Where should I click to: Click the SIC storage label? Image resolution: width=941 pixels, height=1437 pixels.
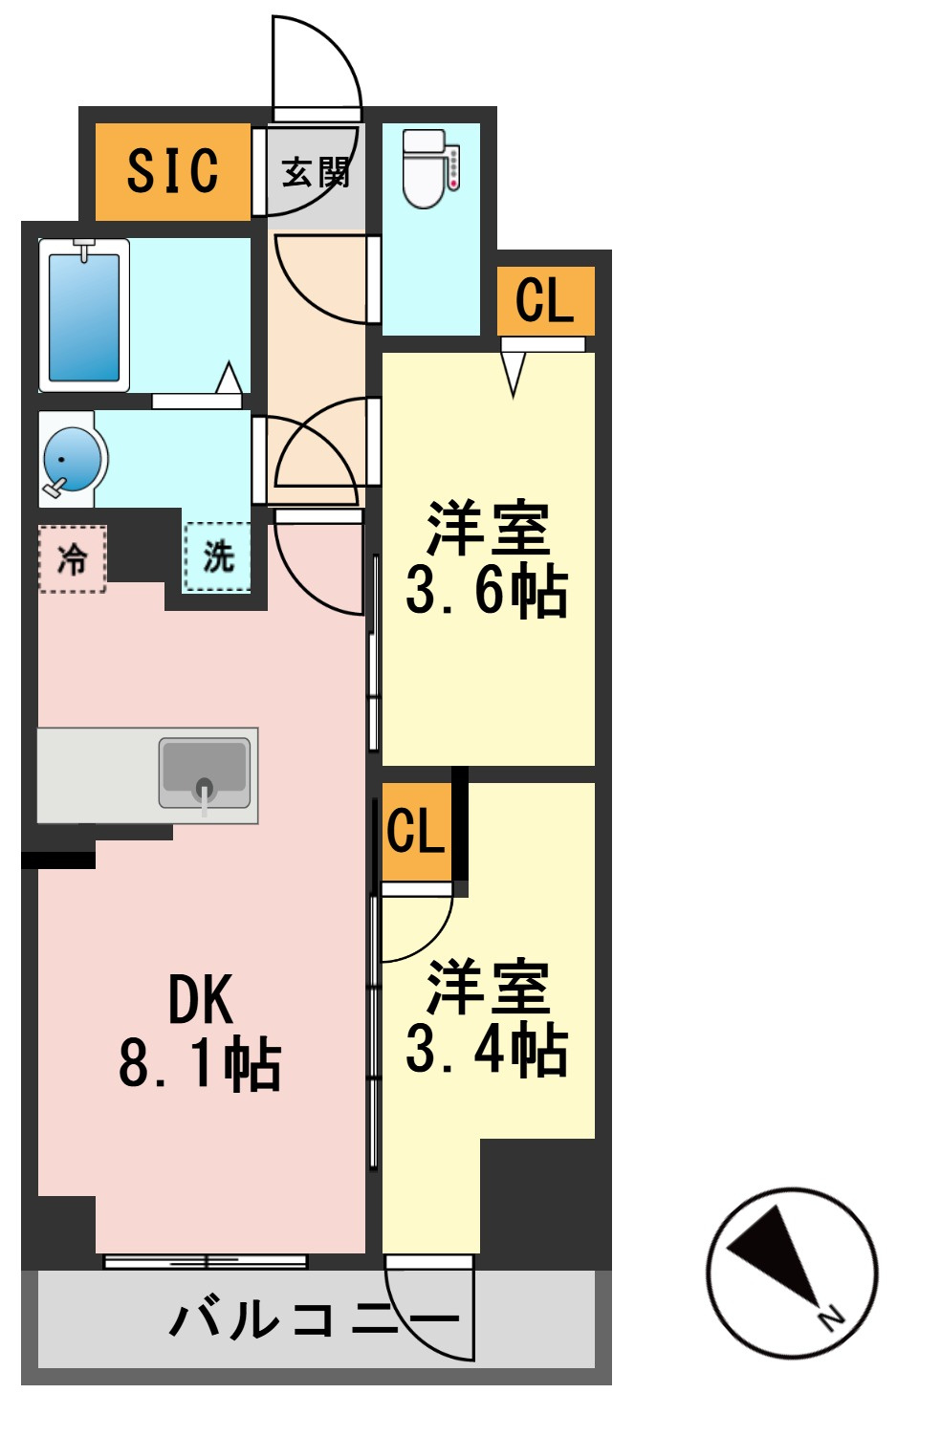pyautogui.click(x=172, y=170)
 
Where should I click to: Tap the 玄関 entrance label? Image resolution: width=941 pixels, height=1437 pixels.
pyautogui.click(x=317, y=172)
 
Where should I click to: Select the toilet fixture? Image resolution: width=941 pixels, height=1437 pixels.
pyautogui.click(x=424, y=168)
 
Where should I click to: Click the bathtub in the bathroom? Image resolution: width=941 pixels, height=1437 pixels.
pyautogui.click(x=84, y=316)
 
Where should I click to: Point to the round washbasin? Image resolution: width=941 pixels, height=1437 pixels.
pyautogui.click(x=72, y=459)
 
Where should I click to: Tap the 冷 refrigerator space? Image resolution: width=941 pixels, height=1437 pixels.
pyautogui.click(x=72, y=558)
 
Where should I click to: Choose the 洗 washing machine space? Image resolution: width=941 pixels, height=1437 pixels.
pyautogui.click(x=217, y=556)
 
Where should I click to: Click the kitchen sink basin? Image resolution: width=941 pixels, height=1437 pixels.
pyautogui.click(x=205, y=773)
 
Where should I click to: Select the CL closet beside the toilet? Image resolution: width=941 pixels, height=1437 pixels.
pyautogui.click(x=545, y=300)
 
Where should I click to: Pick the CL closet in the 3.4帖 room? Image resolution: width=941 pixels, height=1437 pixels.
pyautogui.click(x=416, y=832)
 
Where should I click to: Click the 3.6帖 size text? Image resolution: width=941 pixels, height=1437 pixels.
pyautogui.click(x=487, y=592)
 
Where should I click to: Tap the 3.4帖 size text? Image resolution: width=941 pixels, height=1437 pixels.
pyautogui.click(x=487, y=1051)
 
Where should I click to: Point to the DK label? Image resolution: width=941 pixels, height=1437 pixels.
pyautogui.click(x=200, y=1000)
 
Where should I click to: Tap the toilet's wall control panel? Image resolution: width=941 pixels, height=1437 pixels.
pyautogui.click(x=453, y=168)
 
